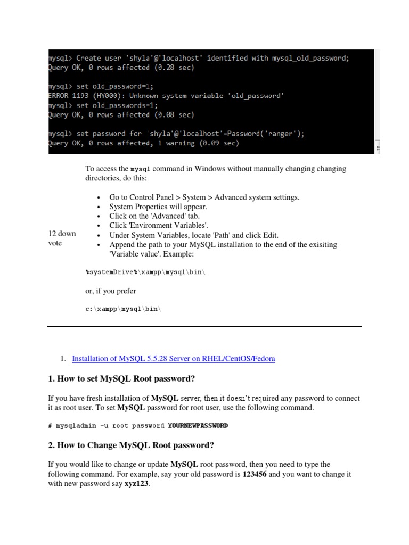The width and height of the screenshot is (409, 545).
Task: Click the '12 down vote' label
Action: tap(62, 238)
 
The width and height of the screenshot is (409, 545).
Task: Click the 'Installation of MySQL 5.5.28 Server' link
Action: tap(174, 359)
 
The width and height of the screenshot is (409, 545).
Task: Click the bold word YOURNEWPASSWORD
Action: tap(198, 425)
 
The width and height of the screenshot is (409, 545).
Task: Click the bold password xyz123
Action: tap(136, 484)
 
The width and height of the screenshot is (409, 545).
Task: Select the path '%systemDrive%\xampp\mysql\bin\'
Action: tap(145, 272)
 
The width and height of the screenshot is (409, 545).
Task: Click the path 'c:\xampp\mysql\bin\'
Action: tap(122, 309)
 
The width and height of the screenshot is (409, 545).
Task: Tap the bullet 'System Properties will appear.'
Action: tap(158, 207)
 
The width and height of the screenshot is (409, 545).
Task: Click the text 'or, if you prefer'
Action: tap(111, 291)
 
